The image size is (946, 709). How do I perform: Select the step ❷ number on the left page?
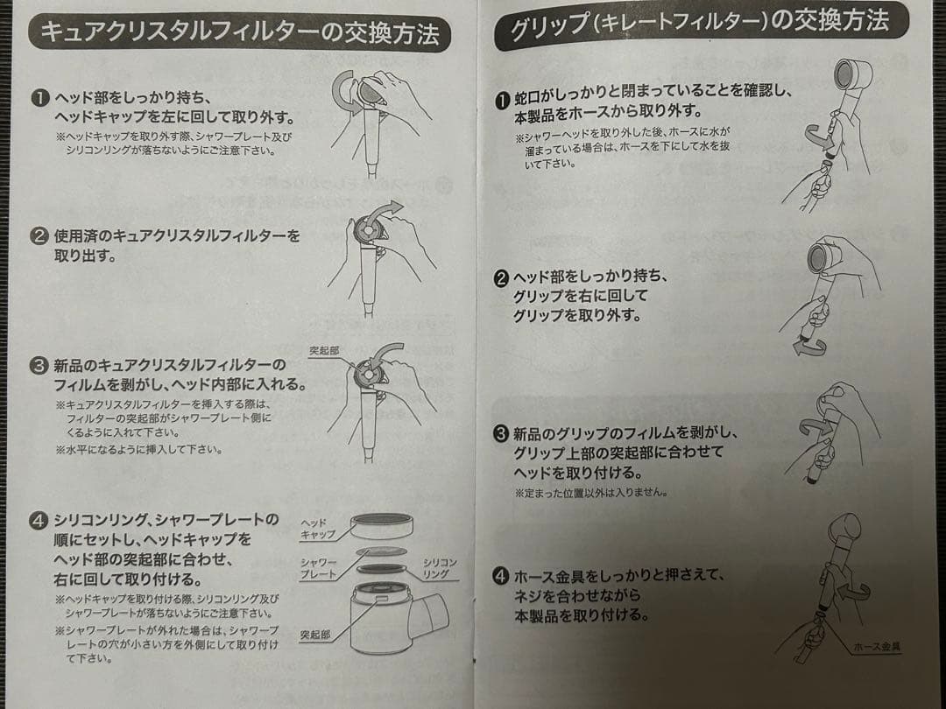39,236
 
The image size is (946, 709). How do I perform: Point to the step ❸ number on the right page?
501,433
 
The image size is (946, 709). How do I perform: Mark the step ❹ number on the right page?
501,576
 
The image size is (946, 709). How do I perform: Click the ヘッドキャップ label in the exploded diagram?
317,528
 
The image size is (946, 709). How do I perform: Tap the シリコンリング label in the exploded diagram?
440,567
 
